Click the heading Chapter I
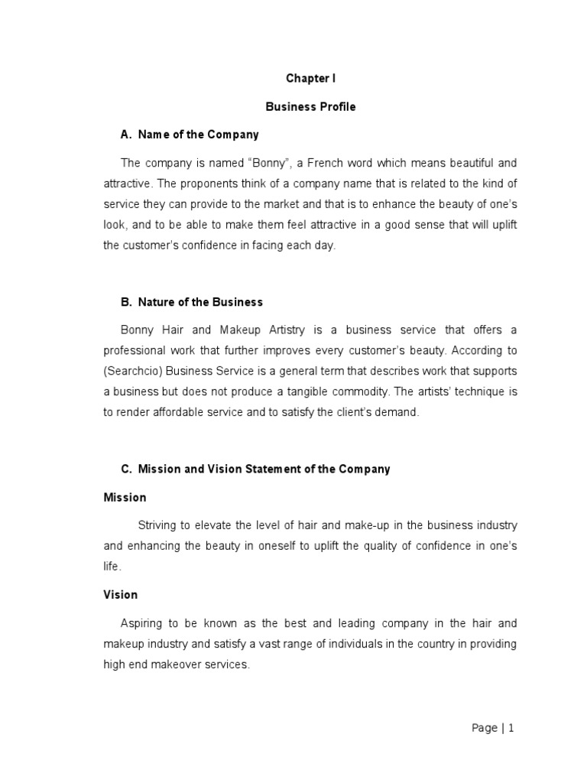pyautogui.click(x=310, y=79)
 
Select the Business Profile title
pyautogui.click(x=310, y=107)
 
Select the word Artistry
pyautogui.click(x=283, y=330)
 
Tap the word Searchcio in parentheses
pyautogui.click(x=131, y=371)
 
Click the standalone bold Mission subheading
pyautogui.click(x=125, y=498)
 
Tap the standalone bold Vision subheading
pyautogui.click(x=121, y=594)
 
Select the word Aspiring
pyautogui.click(x=143, y=623)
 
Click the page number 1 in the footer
pyautogui.click(x=511, y=729)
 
